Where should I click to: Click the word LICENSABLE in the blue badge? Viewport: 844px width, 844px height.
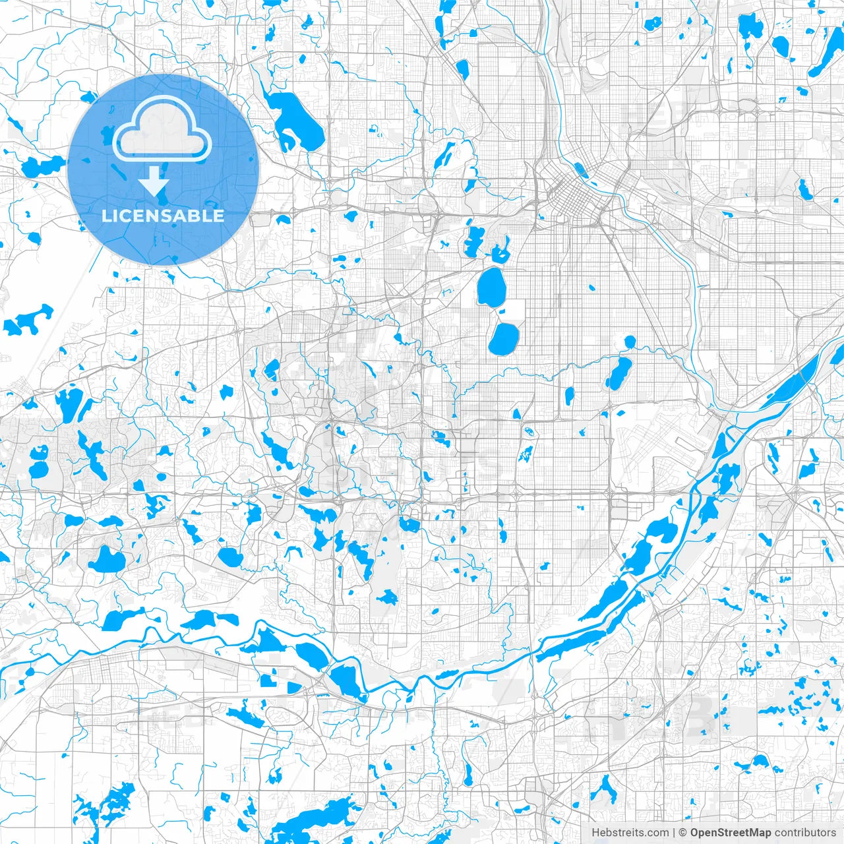pyautogui.click(x=163, y=216)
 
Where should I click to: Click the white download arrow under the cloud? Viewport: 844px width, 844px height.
pyautogui.click(x=154, y=181)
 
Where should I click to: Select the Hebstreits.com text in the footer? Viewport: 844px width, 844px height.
pyautogui.click(x=630, y=833)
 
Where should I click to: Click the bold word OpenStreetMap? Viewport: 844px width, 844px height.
pyautogui.click(x=731, y=833)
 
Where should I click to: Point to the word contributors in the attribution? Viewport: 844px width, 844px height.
pyautogui.click(x=805, y=833)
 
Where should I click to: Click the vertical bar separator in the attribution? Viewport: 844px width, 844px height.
pyautogui.click(x=674, y=833)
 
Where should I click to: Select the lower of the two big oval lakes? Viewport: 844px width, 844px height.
pyautogui.click(x=504, y=338)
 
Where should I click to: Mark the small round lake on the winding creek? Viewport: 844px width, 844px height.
pyautogui.click(x=630, y=342)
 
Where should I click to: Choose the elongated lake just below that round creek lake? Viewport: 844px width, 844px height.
pyautogui.click(x=618, y=373)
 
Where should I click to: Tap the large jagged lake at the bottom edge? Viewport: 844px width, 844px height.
pyautogui.click(x=323, y=818)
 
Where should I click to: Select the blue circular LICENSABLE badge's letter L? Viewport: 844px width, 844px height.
pyautogui.click(x=105, y=216)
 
